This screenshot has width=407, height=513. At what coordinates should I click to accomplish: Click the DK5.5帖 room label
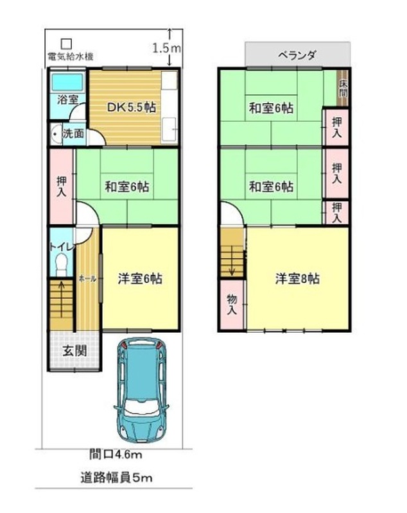(132, 108)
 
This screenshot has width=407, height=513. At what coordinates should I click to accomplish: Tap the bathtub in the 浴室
(68, 82)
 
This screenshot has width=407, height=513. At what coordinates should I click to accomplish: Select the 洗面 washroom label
(73, 133)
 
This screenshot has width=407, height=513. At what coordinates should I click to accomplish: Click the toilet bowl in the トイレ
(61, 264)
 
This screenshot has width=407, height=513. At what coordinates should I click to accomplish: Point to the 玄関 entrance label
(75, 351)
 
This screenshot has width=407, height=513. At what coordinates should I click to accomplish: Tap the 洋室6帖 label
(140, 279)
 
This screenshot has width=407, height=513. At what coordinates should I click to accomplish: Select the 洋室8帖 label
(297, 279)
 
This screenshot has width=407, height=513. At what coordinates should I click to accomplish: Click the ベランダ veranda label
(297, 55)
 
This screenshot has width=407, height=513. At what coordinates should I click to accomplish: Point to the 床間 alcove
(343, 88)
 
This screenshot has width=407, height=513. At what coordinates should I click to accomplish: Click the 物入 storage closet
(232, 305)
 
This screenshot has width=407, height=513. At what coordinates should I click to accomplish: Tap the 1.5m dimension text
(167, 49)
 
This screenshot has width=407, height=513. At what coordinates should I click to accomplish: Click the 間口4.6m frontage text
(116, 455)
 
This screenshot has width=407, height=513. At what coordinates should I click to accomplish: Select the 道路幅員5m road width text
(117, 478)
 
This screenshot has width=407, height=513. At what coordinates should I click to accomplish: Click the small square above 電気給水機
(67, 44)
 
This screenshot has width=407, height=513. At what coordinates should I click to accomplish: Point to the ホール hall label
(88, 279)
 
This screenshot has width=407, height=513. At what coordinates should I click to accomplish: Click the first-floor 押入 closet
(61, 187)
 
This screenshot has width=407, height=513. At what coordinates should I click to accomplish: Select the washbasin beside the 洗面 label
(56, 134)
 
